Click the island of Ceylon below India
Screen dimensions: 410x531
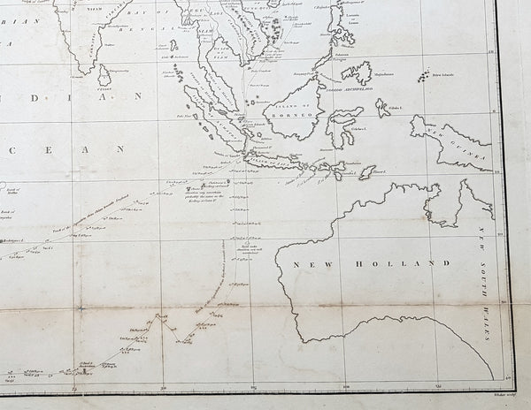(x=103, y=79)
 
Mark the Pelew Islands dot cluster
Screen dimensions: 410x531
(x=428, y=76)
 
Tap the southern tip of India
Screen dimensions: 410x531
(x=86, y=70)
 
